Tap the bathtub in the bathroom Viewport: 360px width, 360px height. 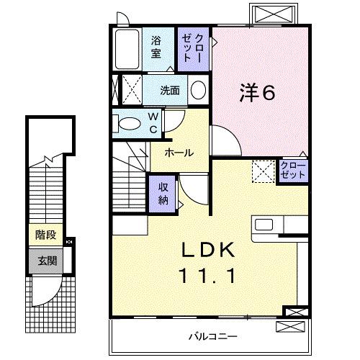[x=127, y=49]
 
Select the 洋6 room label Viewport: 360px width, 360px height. [x=255, y=92]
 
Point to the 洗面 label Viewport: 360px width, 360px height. [x=170, y=91]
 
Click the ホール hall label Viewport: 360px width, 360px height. [x=177, y=152]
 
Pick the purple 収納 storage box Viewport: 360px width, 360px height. [x=163, y=192]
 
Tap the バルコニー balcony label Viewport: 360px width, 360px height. [x=214, y=336]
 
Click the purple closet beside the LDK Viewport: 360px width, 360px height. [x=292, y=171]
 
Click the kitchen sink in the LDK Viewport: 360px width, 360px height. [x=263, y=223]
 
